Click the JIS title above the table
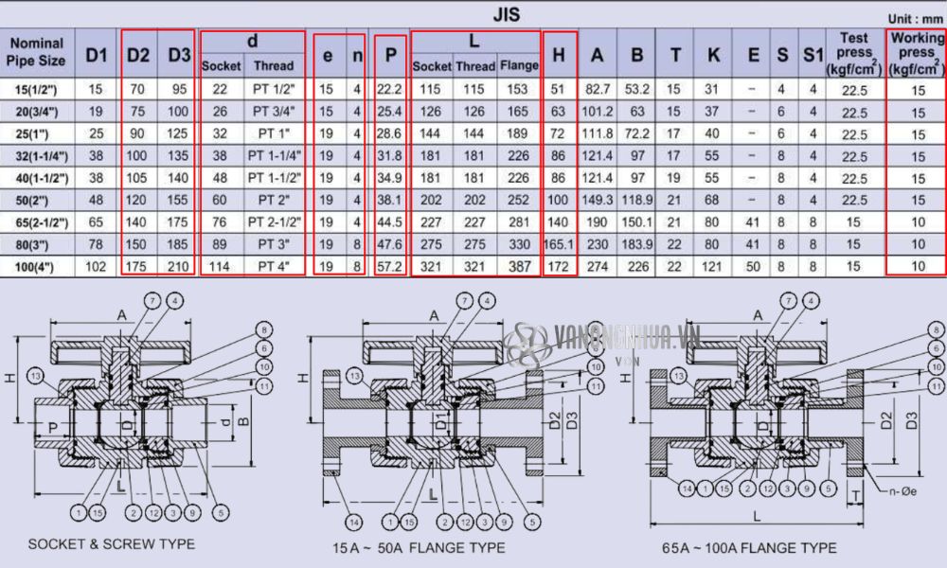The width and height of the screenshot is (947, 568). coord(506,14)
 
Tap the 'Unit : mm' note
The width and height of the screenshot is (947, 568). coord(915,18)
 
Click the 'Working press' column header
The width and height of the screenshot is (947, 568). coord(917,53)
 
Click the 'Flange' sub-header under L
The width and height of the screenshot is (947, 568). coord(519,66)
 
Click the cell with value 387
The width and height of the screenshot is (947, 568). coord(519,266)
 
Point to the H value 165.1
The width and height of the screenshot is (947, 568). coord(559,244)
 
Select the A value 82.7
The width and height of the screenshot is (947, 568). coord(598,89)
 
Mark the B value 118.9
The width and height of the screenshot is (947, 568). coord(637,200)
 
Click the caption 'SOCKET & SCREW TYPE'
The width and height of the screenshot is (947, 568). coord(112,544)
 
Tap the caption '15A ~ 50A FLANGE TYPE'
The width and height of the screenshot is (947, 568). coord(418,547)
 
